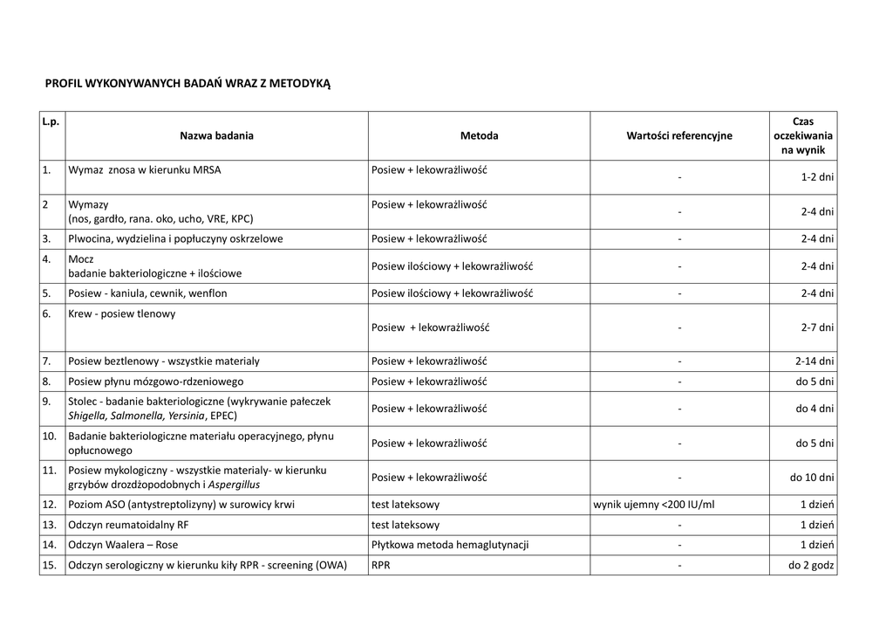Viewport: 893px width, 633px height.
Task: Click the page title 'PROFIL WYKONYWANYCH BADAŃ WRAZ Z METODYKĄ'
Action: click(187, 84)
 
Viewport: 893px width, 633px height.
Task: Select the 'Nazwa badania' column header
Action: click(217, 136)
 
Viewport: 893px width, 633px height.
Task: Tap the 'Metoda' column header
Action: click(479, 136)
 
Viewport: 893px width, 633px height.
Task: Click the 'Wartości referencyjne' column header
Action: click(679, 136)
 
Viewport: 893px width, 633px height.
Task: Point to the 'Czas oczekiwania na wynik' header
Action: click(802, 136)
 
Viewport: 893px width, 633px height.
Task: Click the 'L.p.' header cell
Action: click(51, 122)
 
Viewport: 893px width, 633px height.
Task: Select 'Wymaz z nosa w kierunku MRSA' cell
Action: click(145, 170)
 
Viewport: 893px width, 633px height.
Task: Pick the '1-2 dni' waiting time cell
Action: click(817, 177)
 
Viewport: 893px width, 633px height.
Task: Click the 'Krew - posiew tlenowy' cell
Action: click(122, 314)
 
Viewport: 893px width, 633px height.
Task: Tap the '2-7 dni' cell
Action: click(817, 328)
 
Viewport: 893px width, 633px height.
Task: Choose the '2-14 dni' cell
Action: click(815, 361)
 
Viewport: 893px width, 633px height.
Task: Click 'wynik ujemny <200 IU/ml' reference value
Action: click(653, 505)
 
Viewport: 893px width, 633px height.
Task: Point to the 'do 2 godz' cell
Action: click(812, 566)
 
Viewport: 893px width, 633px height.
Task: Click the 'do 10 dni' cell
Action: click(812, 478)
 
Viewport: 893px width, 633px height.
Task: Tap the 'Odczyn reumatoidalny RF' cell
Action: click(128, 525)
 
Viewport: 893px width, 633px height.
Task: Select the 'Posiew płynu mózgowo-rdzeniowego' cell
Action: click(156, 382)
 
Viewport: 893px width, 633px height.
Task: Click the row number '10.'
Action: click(50, 436)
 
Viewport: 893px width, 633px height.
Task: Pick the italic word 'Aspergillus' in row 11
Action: click(233, 485)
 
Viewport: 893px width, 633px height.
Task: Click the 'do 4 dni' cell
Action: click(815, 409)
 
